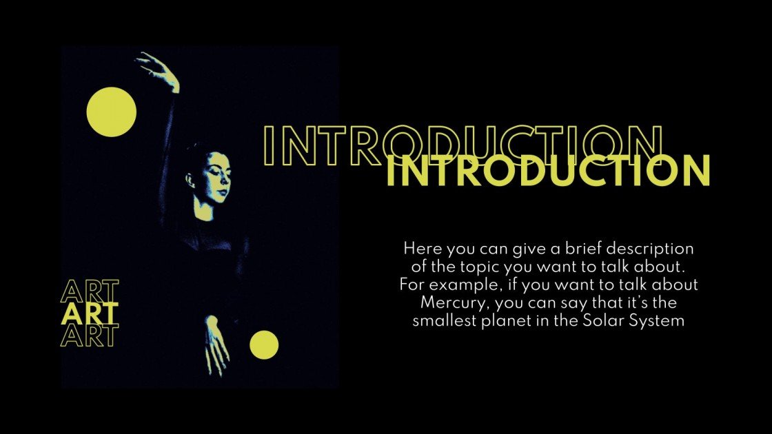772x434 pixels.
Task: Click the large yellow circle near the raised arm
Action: click(x=111, y=112)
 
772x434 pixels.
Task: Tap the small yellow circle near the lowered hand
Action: click(x=264, y=344)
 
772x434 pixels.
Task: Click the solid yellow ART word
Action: click(x=90, y=314)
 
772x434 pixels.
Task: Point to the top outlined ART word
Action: click(x=90, y=292)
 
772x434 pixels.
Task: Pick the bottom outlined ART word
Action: click(x=90, y=335)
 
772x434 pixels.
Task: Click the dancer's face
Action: click(x=216, y=176)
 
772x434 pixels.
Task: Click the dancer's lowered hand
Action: click(x=216, y=344)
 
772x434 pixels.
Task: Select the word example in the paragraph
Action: click(x=452, y=285)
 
